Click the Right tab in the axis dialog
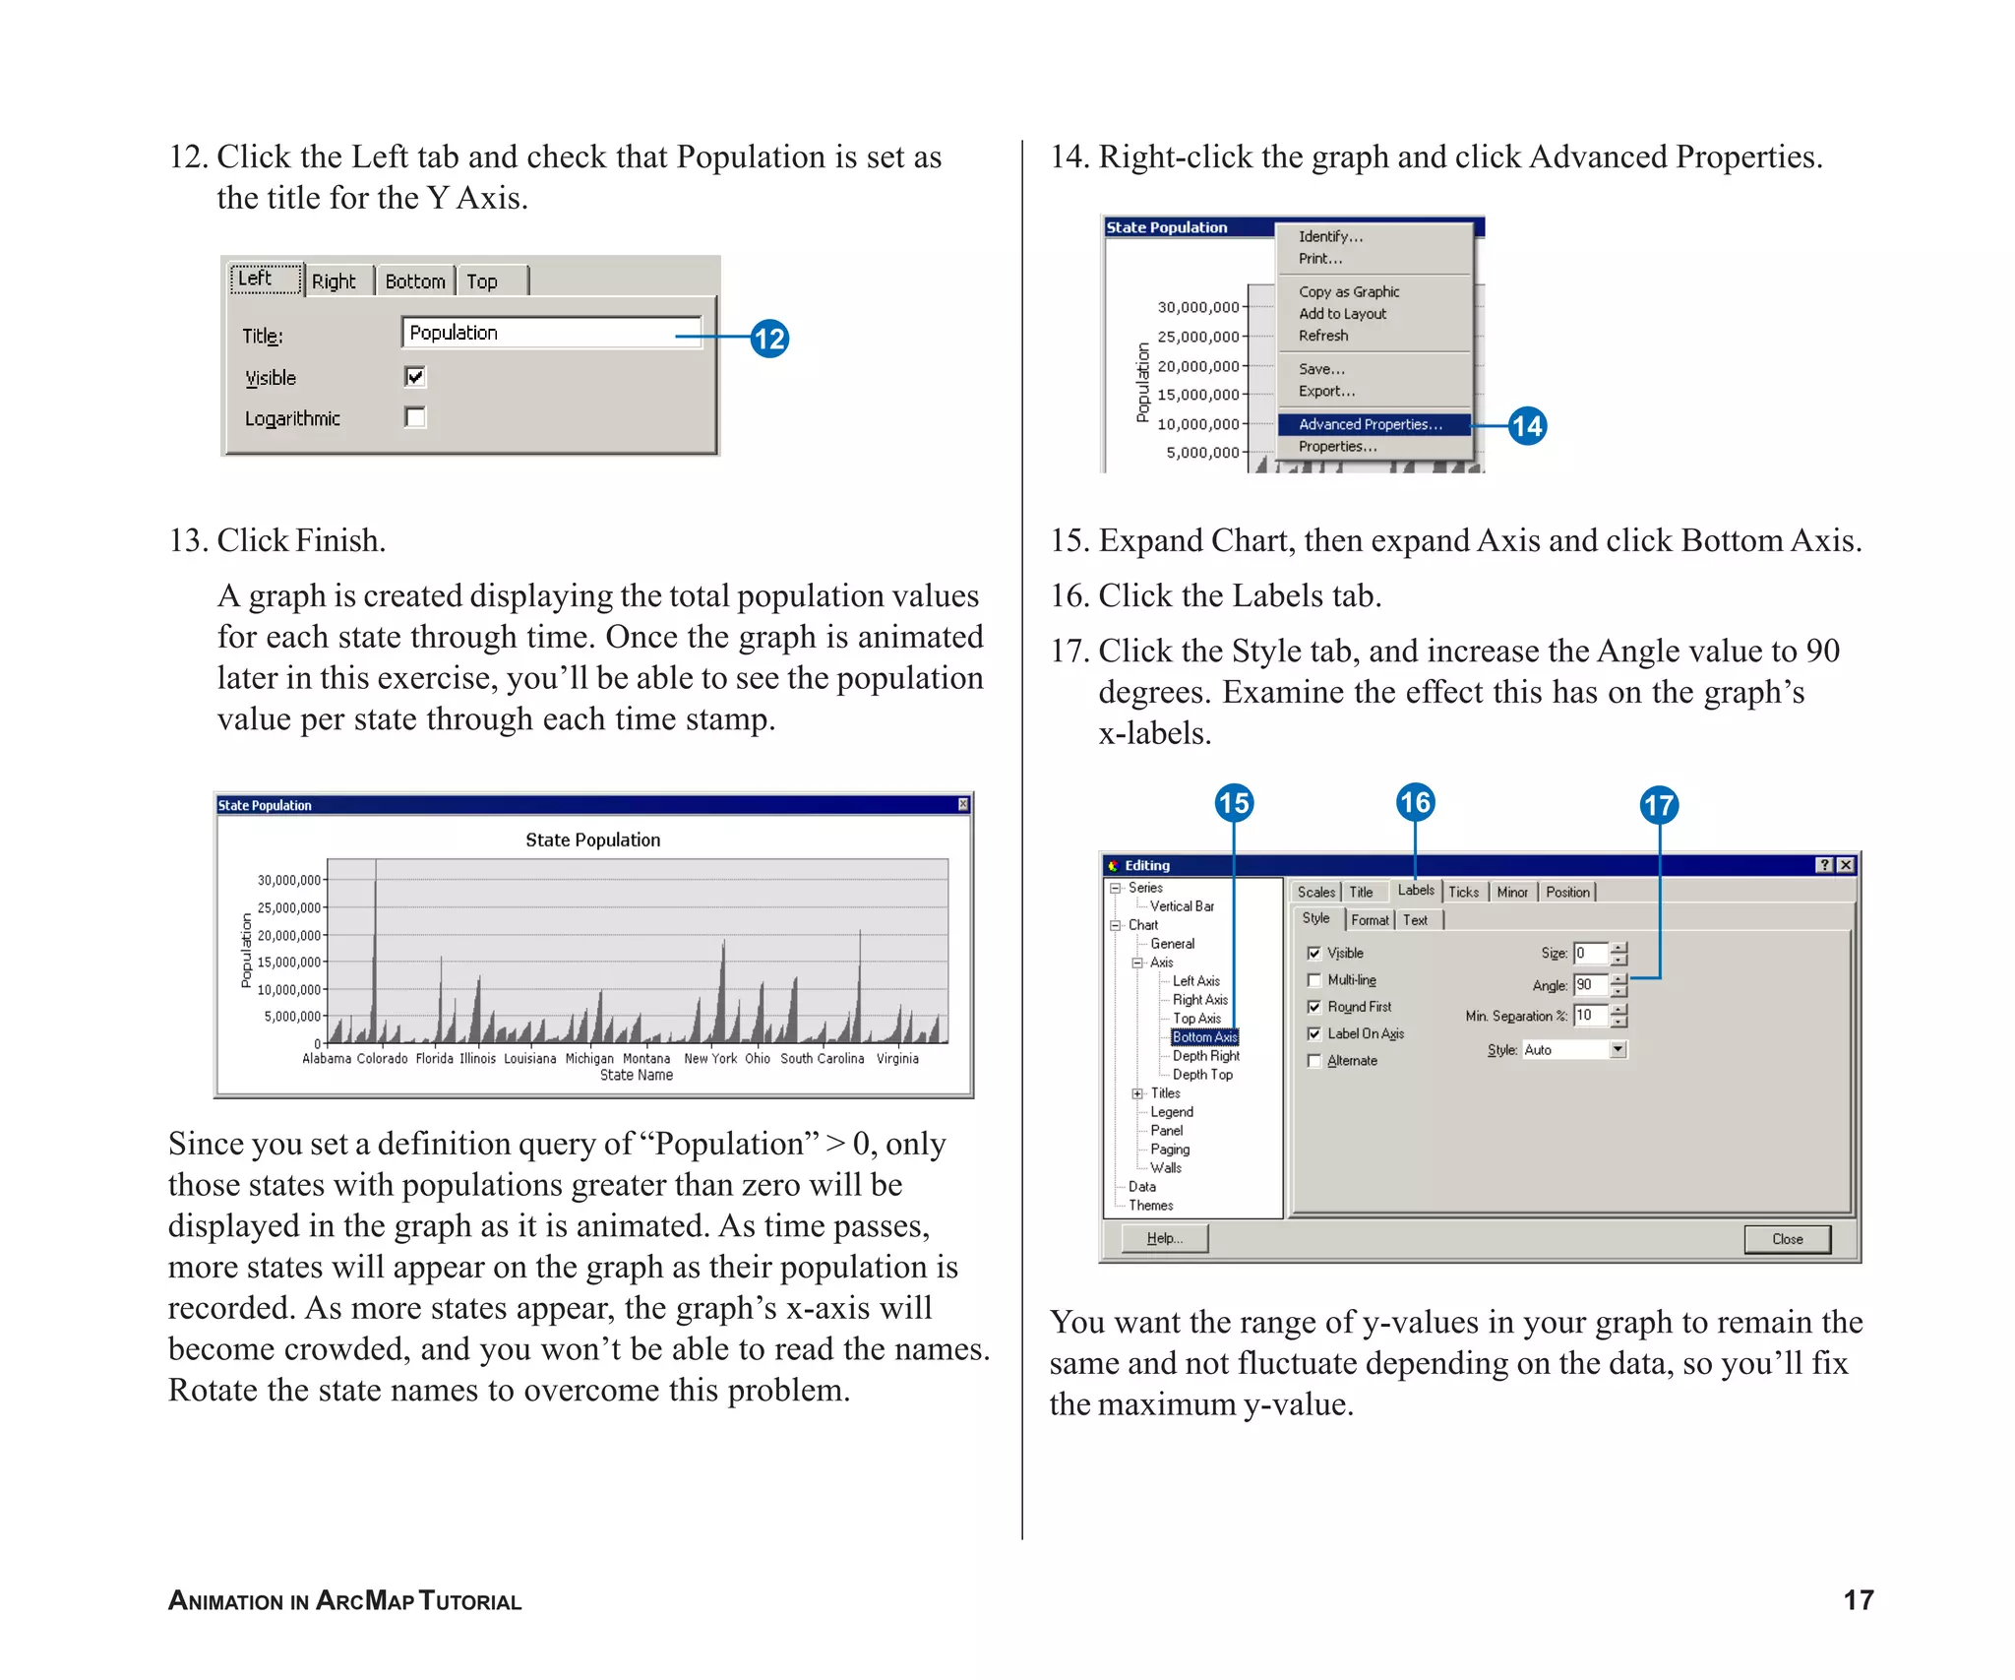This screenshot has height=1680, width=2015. [334, 281]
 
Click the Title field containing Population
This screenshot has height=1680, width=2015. [551, 333]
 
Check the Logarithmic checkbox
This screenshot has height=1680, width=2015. [415, 417]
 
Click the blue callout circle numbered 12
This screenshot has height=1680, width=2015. [769, 339]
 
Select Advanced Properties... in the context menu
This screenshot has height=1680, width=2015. [1371, 424]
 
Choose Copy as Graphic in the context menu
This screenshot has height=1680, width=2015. [1348, 291]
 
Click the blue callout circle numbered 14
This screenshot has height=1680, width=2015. [1527, 425]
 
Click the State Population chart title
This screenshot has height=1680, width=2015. [592, 840]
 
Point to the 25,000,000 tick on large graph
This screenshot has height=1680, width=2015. [289, 907]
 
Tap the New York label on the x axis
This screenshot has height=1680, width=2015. [709, 1059]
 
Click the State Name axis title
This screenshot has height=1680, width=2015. [636, 1076]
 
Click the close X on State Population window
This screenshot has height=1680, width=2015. [963, 805]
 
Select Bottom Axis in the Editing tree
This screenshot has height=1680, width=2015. [1204, 1037]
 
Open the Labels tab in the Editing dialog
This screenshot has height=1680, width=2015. [1415, 891]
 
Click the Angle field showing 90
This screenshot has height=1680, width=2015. [1589, 984]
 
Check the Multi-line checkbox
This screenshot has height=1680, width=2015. [1314, 980]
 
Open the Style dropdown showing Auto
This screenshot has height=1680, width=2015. [1618, 1050]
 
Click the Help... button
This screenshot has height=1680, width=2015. [1164, 1238]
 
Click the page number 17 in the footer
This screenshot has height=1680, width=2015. [1858, 1600]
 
